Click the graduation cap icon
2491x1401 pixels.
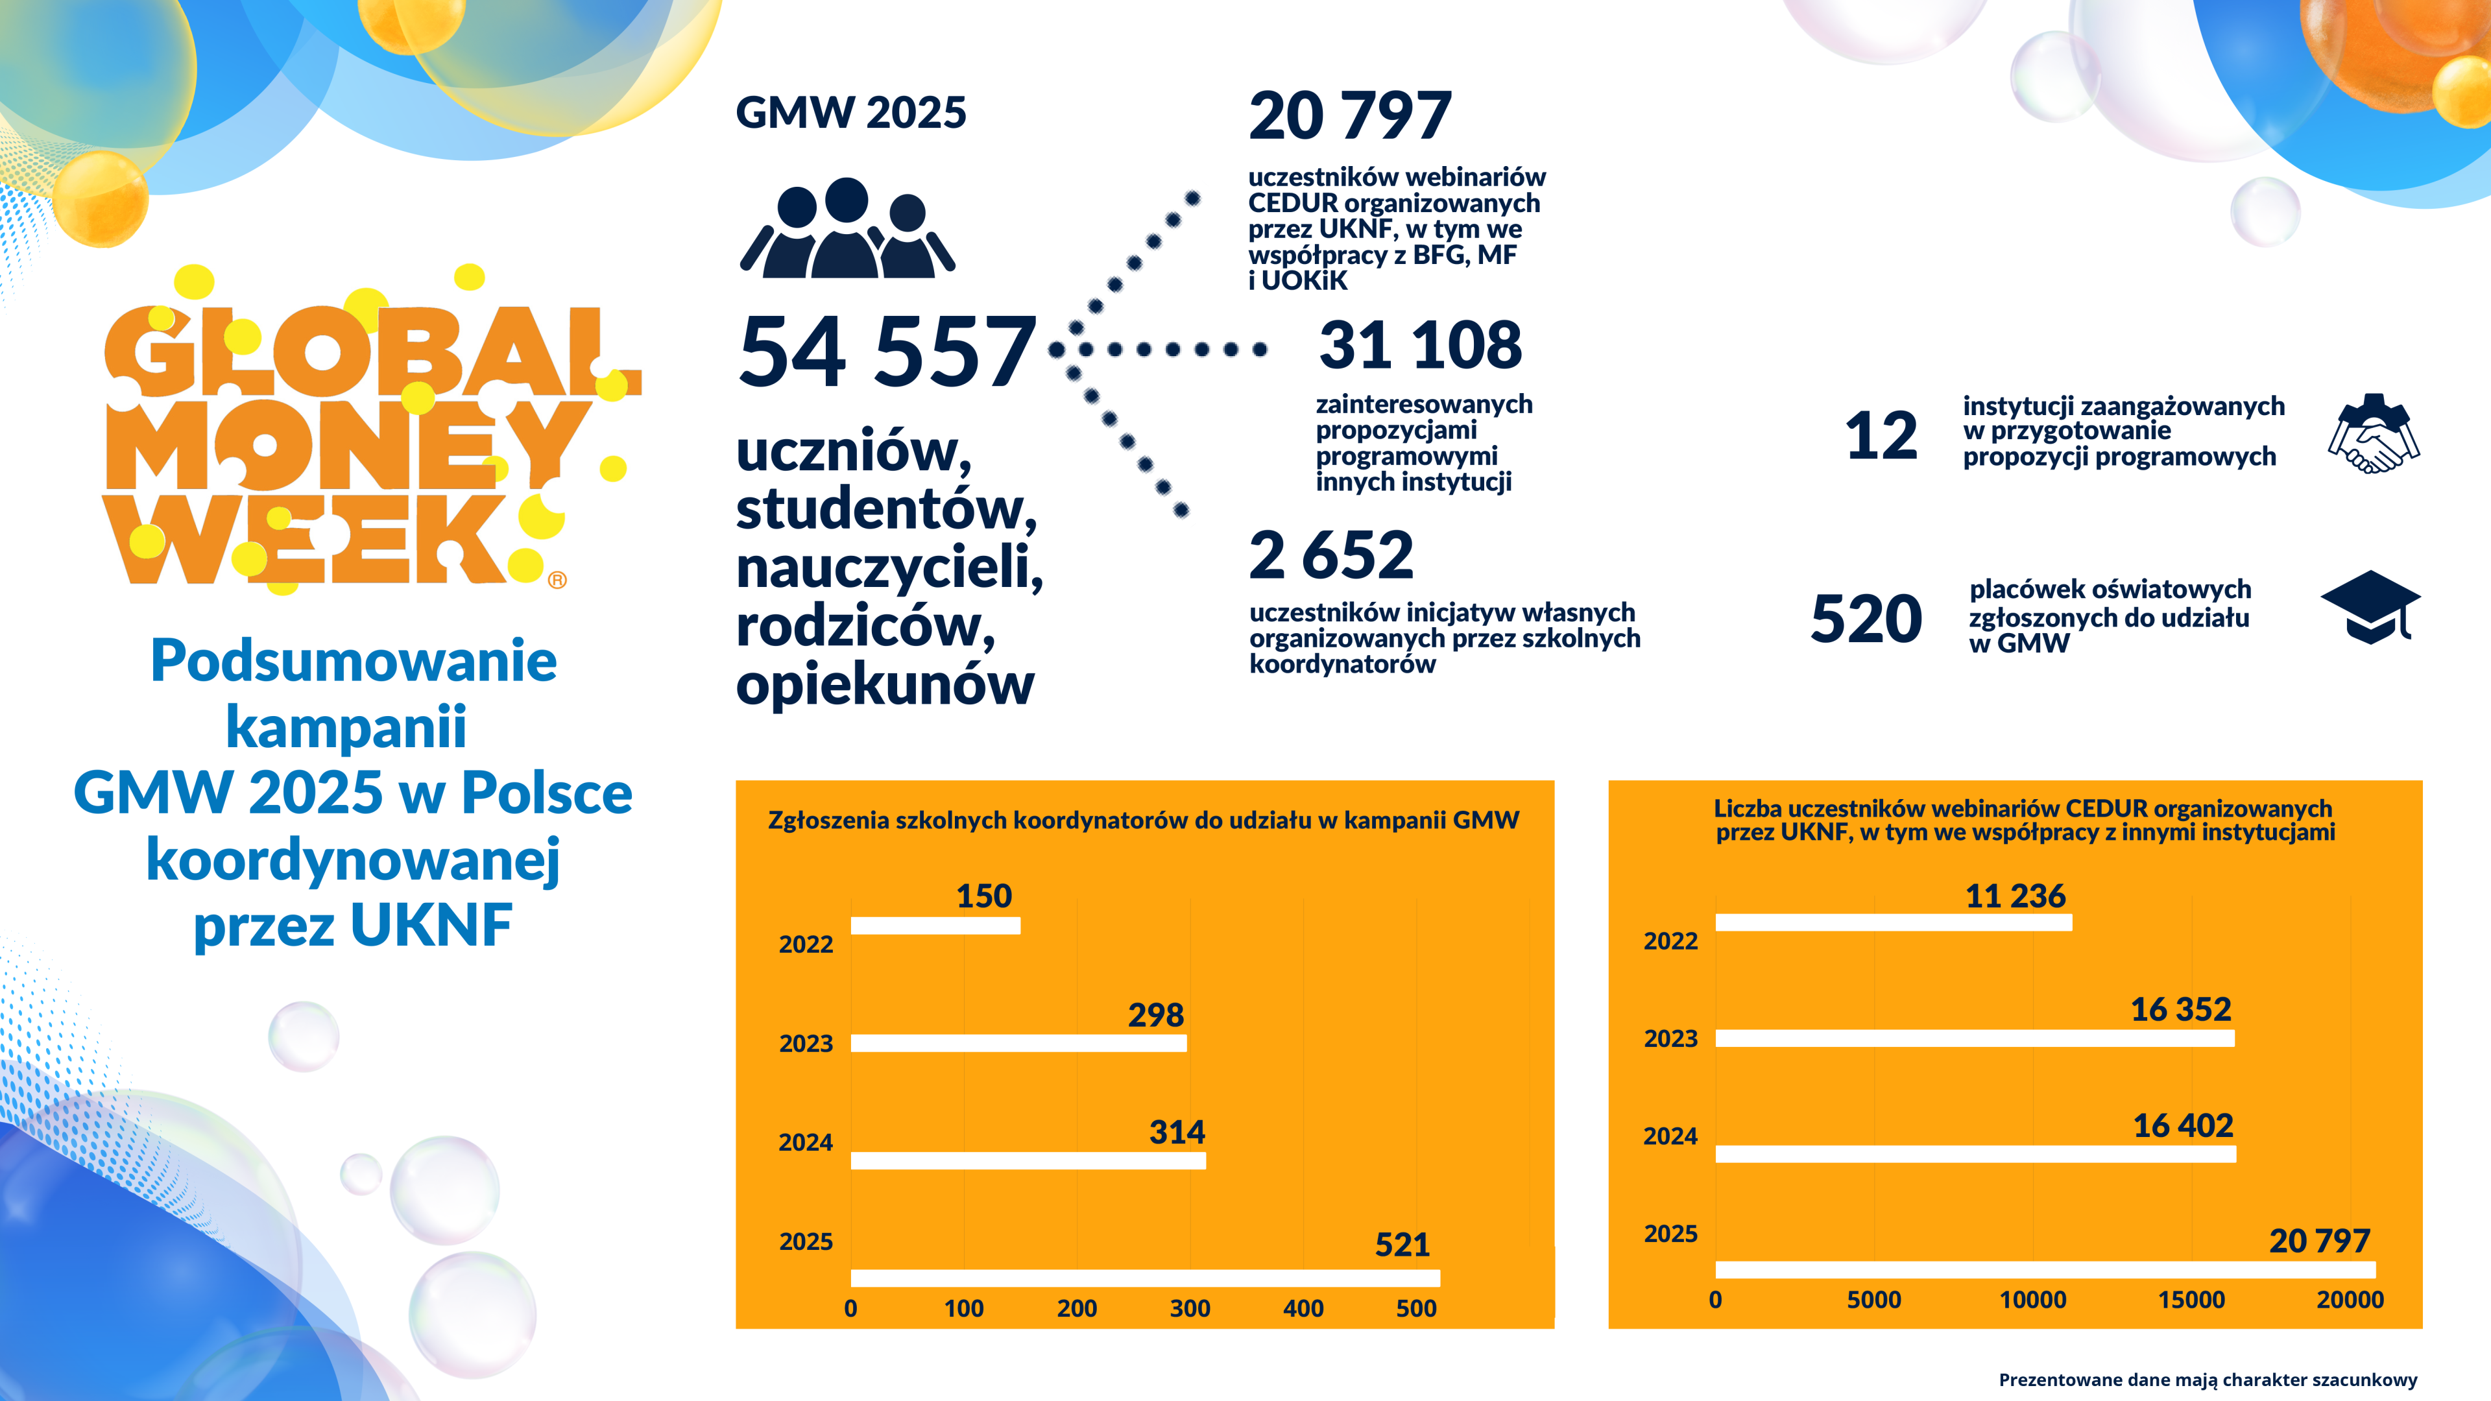[2370, 606]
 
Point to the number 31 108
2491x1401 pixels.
[1419, 345]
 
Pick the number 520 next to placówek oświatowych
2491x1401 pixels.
[1866, 619]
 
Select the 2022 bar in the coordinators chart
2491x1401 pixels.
[935, 926]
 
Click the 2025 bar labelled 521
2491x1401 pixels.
[1145, 1277]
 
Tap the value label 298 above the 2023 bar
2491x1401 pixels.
[1155, 1014]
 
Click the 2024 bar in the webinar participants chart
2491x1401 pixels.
[1975, 1153]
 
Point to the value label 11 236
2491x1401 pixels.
[2016, 895]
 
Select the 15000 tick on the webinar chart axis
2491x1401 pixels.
[2191, 1299]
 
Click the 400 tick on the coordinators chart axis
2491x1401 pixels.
[1303, 1308]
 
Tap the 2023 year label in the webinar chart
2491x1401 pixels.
[1670, 1038]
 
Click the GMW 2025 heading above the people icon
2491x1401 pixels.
[851, 113]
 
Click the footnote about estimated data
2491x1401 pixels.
[2208, 1380]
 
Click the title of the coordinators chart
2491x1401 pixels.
[1143, 820]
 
